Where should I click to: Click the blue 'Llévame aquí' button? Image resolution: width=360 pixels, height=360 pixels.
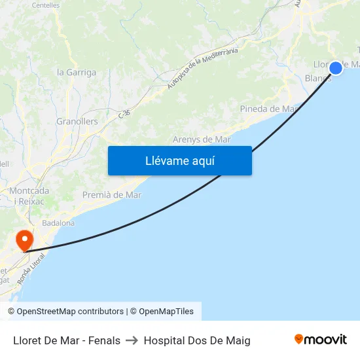click(x=179, y=160)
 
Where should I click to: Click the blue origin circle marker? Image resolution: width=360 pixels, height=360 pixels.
click(x=336, y=67)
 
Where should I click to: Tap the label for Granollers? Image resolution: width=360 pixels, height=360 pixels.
click(x=77, y=121)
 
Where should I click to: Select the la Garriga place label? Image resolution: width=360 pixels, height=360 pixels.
click(x=77, y=73)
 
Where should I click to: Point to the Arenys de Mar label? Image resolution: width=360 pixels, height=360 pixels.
click(x=202, y=139)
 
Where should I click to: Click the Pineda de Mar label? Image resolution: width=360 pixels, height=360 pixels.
click(x=269, y=109)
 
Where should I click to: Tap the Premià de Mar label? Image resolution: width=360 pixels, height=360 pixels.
click(x=112, y=194)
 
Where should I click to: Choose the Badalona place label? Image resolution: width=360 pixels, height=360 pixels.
click(x=58, y=223)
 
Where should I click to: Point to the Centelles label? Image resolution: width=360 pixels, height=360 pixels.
click(x=46, y=5)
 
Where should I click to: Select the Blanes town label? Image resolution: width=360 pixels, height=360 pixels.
click(x=318, y=78)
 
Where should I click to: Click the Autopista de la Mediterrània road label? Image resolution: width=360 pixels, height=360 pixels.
click(x=202, y=68)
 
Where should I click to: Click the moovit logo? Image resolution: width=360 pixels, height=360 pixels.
click(x=320, y=340)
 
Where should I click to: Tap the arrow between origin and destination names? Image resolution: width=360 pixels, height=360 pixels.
click(x=132, y=340)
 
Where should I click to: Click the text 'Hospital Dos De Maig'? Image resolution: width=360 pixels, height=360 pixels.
click(x=197, y=340)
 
